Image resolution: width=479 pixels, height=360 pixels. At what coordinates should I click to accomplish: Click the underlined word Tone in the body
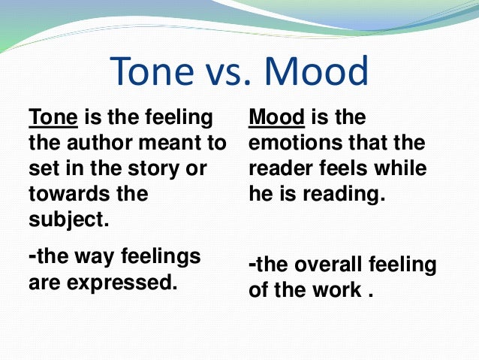50,119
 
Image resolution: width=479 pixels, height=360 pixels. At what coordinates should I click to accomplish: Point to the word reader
280,167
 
